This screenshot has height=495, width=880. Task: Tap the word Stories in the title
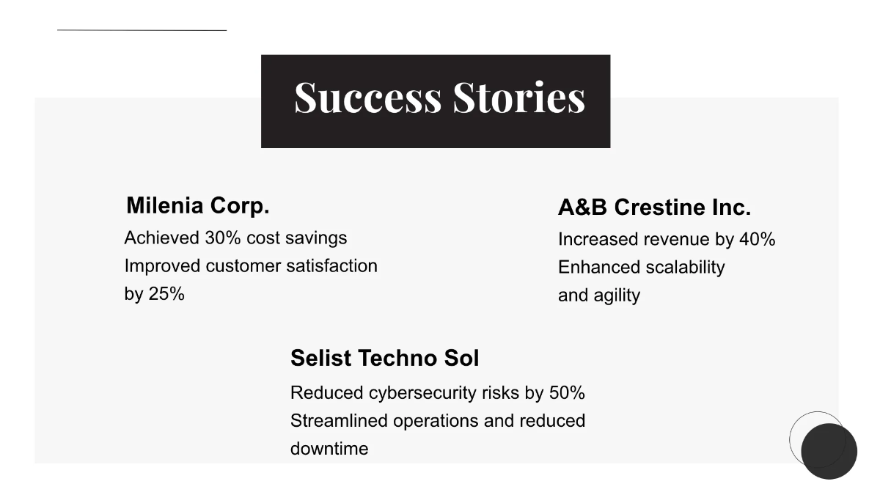pos(519,98)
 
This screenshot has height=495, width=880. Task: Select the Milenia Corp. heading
pos(198,205)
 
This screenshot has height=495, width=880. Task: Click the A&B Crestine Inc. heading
pos(654,208)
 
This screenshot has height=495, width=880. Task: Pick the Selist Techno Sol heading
pos(384,358)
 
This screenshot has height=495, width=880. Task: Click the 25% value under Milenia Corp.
pos(166,294)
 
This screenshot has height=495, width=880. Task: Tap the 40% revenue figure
pos(758,240)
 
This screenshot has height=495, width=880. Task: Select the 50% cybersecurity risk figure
pos(567,393)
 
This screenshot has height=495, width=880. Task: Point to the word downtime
pos(329,449)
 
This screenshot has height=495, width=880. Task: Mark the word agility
pos(620,296)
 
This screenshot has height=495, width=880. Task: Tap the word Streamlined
pos(339,421)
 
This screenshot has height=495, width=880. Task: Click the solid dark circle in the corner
pos(829,451)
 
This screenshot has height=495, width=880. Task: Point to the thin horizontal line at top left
pos(142,30)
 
